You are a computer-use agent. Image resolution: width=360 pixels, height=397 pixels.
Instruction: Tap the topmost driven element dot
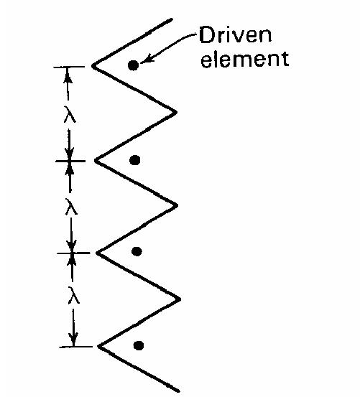point(133,65)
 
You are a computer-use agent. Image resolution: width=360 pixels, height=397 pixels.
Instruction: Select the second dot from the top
point(134,159)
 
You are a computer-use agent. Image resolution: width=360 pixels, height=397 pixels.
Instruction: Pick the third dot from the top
point(137,251)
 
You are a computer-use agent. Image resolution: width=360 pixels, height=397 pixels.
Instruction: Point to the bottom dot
point(139,345)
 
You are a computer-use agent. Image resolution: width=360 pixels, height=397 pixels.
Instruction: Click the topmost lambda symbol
point(69,113)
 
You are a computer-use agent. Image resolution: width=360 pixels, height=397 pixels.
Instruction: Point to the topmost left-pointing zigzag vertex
point(93,66)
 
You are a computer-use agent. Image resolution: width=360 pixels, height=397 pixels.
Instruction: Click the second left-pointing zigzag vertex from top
point(96,161)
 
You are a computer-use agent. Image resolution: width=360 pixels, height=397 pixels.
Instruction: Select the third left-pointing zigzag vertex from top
point(98,253)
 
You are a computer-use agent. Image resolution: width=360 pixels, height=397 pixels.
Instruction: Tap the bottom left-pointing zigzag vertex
point(98,347)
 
